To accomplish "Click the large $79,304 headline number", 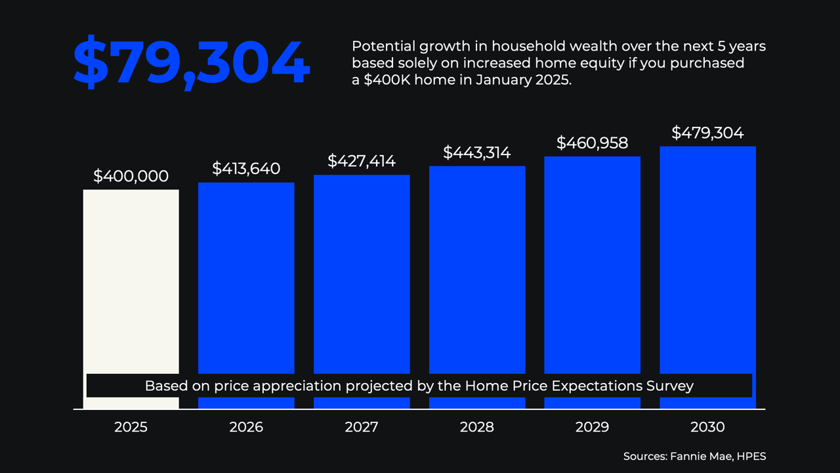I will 190,64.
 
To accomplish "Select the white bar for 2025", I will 131,282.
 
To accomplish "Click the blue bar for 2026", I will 246,276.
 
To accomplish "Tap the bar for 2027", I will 362,273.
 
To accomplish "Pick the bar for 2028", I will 477,269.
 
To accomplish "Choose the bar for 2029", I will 593,263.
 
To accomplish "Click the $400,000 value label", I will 131,176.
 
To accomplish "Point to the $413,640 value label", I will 246,169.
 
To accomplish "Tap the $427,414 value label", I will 362,161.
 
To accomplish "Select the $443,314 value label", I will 477,152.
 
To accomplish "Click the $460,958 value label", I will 593,143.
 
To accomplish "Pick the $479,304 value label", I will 707,133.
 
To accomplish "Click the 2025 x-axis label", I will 131,427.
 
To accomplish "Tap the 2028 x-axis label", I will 477,427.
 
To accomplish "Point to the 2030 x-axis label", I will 707,427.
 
